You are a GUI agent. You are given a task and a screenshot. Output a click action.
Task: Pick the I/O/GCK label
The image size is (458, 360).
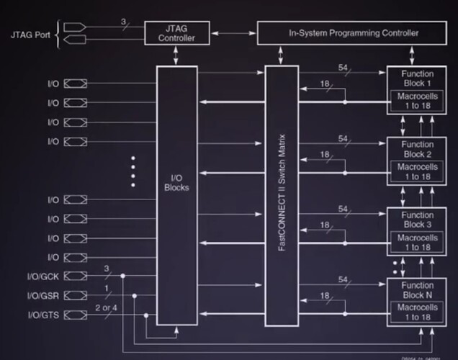[43, 276]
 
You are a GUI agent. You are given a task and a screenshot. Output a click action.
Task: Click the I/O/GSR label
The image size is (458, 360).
[43, 296]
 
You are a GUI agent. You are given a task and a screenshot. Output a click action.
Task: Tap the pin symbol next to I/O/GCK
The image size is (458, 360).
[74, 276]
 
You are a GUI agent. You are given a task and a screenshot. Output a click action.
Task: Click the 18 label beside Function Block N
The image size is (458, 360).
[324, 297]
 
